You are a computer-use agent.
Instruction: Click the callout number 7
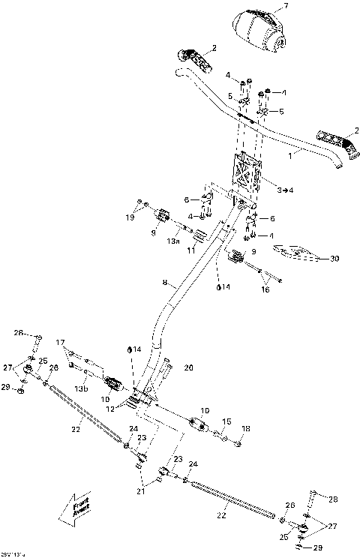(x=286, y=7)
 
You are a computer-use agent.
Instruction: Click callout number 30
(x=334, y=259)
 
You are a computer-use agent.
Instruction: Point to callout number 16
(x=264, y=288)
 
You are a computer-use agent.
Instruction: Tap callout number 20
(x=188, y=368)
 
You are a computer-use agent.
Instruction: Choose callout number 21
(x=141, y=491)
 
